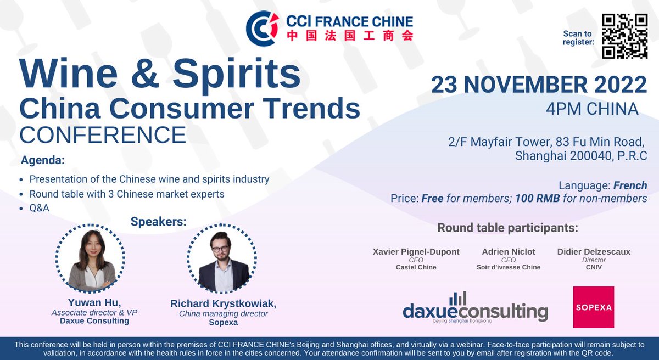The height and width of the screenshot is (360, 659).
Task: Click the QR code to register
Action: pyautogui.click(x=625, y=36)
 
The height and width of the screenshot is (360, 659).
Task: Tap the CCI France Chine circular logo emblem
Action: pyautogui.click(x=263, y=28)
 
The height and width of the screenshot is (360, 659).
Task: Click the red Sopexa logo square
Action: pyautogui.click(x=593, y=307)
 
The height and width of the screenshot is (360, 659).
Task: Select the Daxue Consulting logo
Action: pyautogui.click(x=475, y=308)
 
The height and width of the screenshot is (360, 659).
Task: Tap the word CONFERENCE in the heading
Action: pyautogui.click(x=103, y=134)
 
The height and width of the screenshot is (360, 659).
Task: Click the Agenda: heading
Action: pyautogui.click(x=43, y=161)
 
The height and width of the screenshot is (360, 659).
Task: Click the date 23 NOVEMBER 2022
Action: pyautogui.click(x=539, y=85)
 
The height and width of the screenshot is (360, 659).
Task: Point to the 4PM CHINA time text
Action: pyautogui.click(x=592, y=109)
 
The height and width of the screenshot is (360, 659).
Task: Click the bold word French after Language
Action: pyautogui.click(x=630, y=185)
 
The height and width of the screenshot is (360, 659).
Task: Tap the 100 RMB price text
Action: pyautogui.click(x=537, y=199)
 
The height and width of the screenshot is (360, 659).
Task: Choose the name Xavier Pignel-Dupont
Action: pyautogui.click(x=416, y=252)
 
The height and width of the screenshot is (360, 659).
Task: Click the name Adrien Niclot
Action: pyautogui.click(x=508, y=252)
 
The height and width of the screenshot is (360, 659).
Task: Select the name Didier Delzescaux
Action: pyautogui.click(x=593, y=252)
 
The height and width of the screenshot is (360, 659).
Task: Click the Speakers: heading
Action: pyautogui.click(x=159, y=222)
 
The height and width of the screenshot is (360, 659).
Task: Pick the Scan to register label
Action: pyautogui.click(x=579, y=37)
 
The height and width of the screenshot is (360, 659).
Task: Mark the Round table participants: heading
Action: pyautogui.click(x=507, y=228)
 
